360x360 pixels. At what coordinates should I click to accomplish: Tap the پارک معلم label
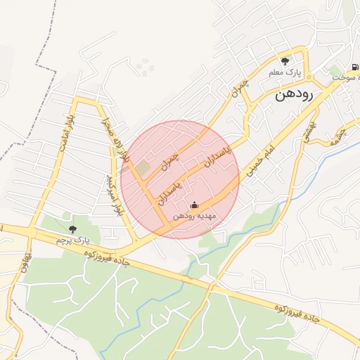(x=285, y=72)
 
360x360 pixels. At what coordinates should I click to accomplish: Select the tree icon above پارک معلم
(x=285, y=61)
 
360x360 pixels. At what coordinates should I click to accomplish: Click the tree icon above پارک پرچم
(x=73, y=229)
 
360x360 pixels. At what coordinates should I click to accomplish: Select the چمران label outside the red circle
(x=240, y=89)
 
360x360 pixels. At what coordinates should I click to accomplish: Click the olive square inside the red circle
(x=143, y=168)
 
